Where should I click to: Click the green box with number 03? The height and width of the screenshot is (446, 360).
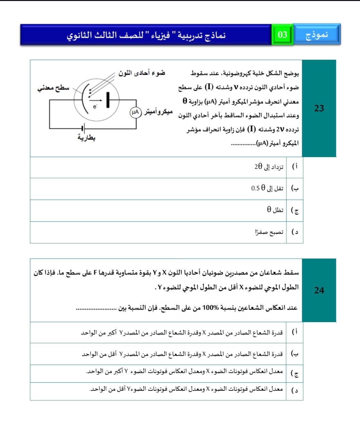[282, 34]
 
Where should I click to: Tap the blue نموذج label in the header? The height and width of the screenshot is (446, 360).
[317, 34]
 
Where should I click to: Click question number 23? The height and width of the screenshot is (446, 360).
[319, 108]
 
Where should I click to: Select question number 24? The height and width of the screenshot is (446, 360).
[319, 290]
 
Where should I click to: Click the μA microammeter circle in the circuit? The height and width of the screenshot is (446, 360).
[136, 112]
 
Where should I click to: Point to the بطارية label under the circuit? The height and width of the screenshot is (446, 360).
[86, 138]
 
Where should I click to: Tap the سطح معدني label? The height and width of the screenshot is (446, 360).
[53, 88]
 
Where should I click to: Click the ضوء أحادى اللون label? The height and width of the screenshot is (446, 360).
[142, 73]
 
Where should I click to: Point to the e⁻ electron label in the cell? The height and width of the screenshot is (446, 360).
[95, 106]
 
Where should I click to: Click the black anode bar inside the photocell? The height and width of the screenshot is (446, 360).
[108, 100]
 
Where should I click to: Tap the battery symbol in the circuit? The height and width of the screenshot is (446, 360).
[83, 128]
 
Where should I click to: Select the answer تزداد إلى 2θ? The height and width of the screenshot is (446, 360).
[269, 167]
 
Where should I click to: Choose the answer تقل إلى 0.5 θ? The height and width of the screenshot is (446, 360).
[267, 188]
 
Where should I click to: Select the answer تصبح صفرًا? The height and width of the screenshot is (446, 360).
[269, 232]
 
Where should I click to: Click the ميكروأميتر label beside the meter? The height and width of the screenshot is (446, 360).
[158, 112]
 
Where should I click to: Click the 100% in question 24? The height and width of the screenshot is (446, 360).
[210, 308]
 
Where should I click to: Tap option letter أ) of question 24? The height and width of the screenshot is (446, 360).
[295, 332]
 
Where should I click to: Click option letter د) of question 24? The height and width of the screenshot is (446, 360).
[295, 390]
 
